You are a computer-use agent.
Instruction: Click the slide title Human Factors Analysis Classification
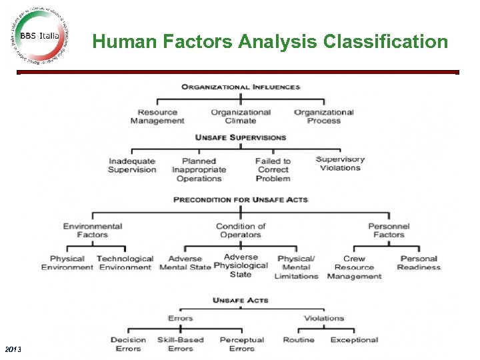pyautogui.click(x=270, y=42)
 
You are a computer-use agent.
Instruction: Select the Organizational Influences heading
pyautogui.click(x=241, y=87)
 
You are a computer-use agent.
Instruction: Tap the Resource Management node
pyautogui.click(x=157, y=117)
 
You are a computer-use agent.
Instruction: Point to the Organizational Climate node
pyautogui.click(x=241, y=117)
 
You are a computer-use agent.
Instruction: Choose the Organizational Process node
pyautogui.click(x=324, y=117)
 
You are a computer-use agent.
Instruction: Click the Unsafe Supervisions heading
pyautogui.click(x=241, y=137)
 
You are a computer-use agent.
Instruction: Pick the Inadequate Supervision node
pyautogui.click(x=132, y=165)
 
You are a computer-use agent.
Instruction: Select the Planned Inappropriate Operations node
pyautogui.click(x=199, y=169)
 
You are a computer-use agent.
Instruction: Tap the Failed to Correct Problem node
pyautogui.click(x=273, y=169)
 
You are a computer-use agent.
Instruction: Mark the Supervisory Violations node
pyautogui.click(x=340, y=164)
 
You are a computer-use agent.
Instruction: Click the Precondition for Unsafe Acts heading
pyautogui.click(x=241, y=199)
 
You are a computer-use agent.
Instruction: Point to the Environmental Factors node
pyautogui.click(x=93, y=230)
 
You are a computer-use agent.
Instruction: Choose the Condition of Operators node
pyautogui.click(x=241, y=230)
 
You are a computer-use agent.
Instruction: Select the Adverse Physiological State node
pyautogui.click(x=241, y=265)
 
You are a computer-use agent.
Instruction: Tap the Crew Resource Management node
pyautogui.click(x=354, y=267)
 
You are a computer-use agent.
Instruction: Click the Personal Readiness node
pyautogui.click(x=419, y=263)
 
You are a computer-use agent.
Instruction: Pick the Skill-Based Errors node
pyautogui.click(x=180, y=344)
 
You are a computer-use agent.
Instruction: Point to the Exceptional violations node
pyautogui.click(x=354, y=340)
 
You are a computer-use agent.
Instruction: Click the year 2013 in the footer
pyautogui.click(x=13, y=349)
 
